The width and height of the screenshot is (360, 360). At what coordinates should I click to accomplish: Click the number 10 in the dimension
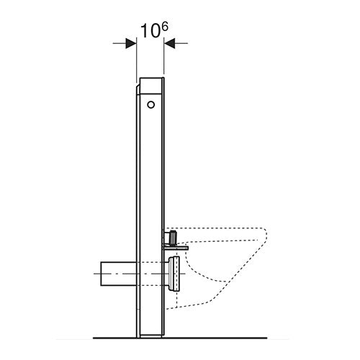[x=150, y=31]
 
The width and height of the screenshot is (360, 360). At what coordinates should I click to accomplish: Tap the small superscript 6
[x=165, y=27]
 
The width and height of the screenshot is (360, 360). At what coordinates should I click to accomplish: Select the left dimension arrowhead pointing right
[x=131, y=43]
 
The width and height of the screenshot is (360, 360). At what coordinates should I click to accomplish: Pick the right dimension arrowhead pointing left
[x=169, y=43]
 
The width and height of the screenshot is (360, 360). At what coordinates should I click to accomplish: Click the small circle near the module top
[x=150, y=104]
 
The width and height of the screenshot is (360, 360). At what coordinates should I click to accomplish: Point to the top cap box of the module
[x=151, y=86]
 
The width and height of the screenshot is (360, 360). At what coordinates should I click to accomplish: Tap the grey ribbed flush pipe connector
[x=173, y=237]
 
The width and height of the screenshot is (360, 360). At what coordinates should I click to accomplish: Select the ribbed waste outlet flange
[x=174, y=274]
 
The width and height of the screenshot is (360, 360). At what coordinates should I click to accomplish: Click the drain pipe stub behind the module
[x=119, y=274]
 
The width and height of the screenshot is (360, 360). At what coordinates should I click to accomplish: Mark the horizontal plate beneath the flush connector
[x=175, y=248]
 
